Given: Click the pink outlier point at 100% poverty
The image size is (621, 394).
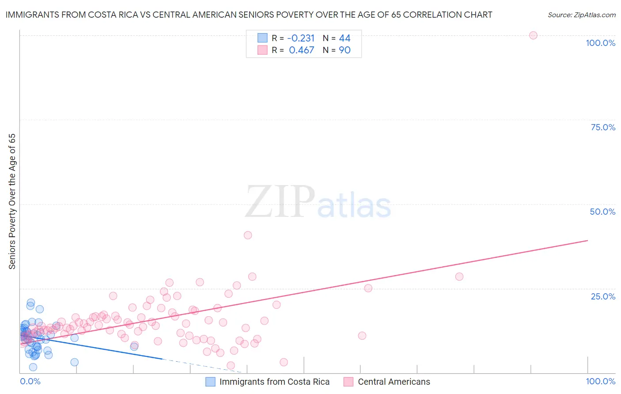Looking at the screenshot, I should [533, 35].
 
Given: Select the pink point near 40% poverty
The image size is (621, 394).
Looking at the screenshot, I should [248, 235].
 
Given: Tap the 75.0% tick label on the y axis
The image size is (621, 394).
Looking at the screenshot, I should [603, 127].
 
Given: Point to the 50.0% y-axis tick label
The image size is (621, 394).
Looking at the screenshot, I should [602, 212].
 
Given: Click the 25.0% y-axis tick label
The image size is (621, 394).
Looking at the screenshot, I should [603, 296].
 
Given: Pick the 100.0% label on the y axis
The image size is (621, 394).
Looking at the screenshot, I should [600, 43].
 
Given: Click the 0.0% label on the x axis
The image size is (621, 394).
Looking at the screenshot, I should [30, 381].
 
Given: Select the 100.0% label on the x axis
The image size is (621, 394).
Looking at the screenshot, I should [600, 381].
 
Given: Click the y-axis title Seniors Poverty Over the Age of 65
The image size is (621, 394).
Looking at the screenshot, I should [12, 201].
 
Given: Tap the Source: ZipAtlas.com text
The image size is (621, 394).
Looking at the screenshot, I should [581, 15].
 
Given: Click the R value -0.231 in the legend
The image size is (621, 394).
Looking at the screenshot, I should [301, 38].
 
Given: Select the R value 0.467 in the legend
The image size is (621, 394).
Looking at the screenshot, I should [301, 50].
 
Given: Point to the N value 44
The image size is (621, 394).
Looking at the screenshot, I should [345, 38].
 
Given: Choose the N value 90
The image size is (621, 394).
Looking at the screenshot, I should [345, 50].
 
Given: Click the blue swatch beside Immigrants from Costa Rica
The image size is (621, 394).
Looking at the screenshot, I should [211, 382].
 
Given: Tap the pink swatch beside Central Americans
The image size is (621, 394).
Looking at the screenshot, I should [349, 382].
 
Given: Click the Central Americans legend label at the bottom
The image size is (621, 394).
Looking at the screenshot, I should [394, 382].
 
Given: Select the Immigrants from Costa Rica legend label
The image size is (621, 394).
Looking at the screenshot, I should [274, 382].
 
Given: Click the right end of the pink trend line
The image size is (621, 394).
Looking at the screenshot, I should [587, 240].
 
